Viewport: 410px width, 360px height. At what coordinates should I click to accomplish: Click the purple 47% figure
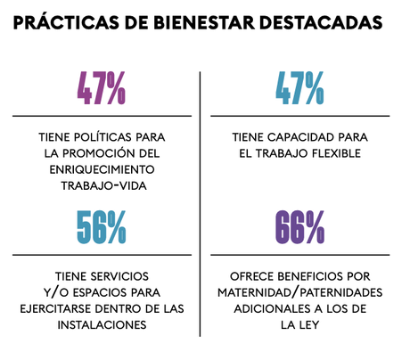(x=101, y=86)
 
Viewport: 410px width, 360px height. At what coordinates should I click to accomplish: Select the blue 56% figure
(x=101, y=227)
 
